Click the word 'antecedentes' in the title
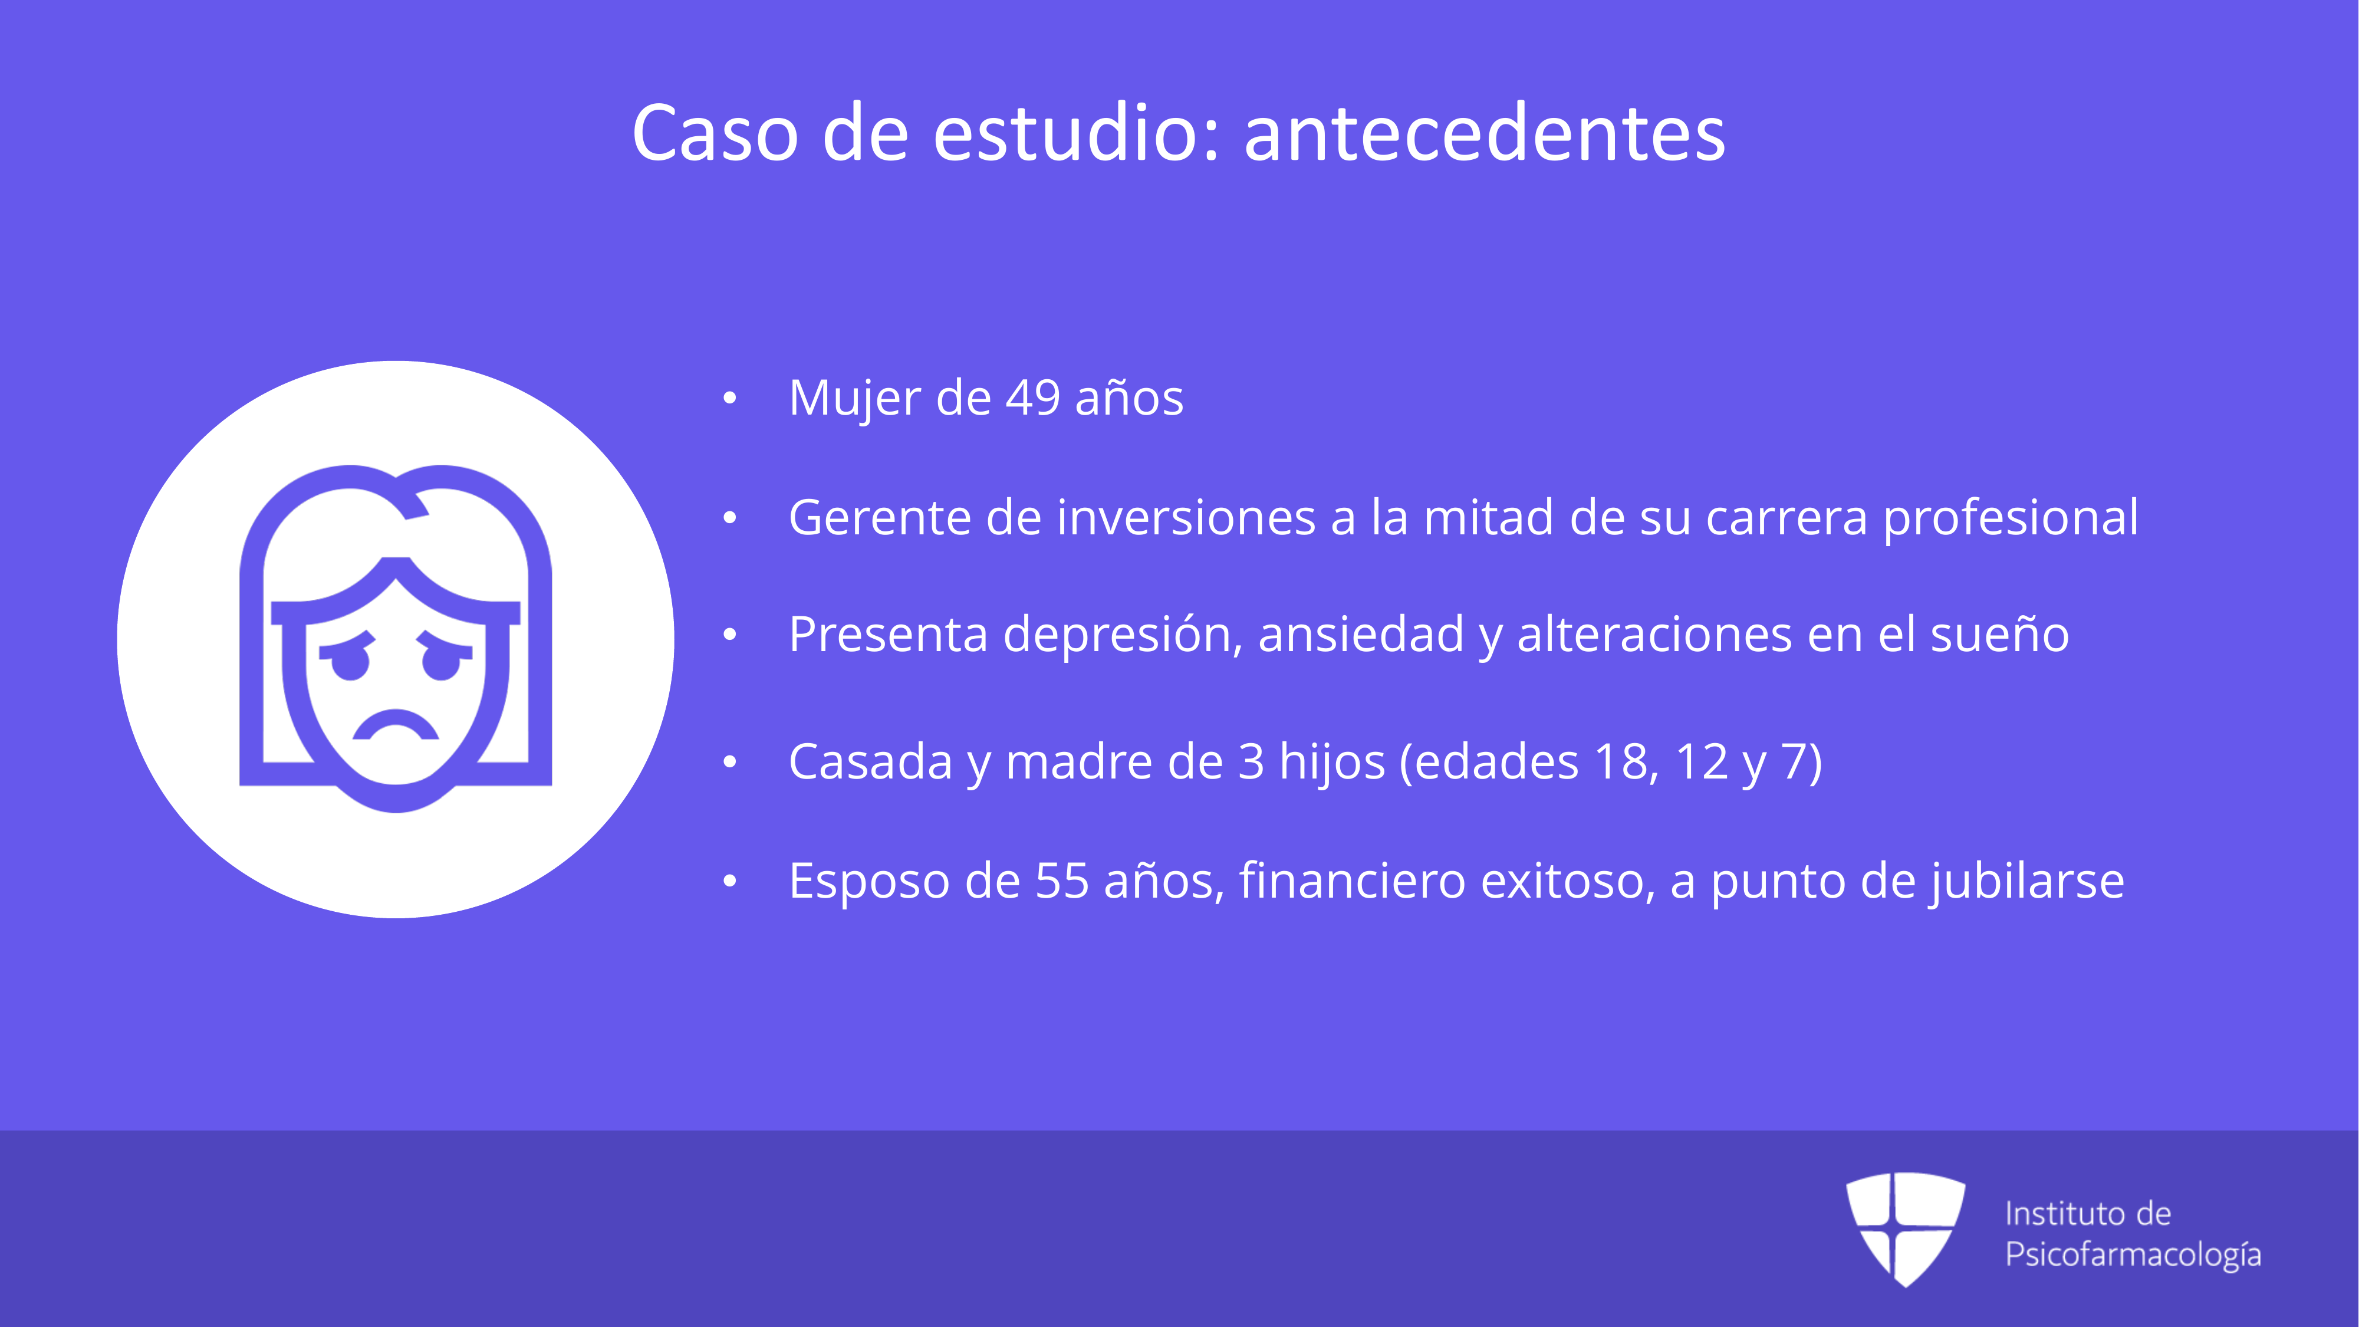[1485, 134]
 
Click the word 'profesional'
[2011, 519]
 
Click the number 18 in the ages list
[1626, 762]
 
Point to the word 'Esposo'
[870, 882]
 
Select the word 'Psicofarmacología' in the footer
[2134, 1254]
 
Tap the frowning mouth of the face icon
[396, 725]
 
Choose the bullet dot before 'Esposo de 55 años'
[730, 882]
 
